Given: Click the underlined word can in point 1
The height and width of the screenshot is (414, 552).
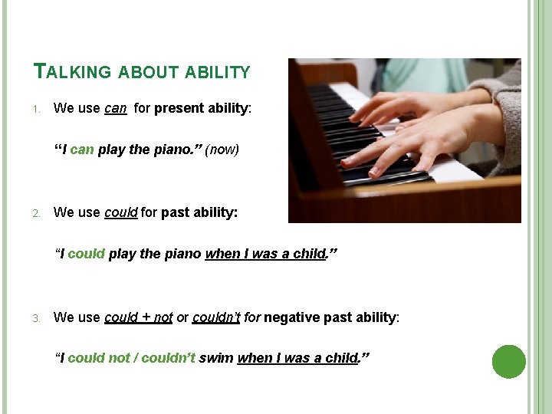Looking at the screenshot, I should (x=115, y=108).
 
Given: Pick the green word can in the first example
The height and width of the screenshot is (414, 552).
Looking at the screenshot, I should (x=82, y=149).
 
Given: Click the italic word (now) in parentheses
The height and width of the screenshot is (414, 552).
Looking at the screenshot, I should (x=222, y=149).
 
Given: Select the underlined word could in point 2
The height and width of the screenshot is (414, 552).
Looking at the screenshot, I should (x=120, y=212).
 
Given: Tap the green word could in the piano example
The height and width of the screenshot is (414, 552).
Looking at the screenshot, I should (x=87, y=254).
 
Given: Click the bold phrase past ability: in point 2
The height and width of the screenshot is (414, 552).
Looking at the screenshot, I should (x=199, y=212).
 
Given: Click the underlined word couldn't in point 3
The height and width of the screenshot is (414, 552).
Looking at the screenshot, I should (x=216, y=317).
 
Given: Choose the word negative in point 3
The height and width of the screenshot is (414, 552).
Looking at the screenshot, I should (x=289, y=317).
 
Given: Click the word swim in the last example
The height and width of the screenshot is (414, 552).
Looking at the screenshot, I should (x=216, y=358).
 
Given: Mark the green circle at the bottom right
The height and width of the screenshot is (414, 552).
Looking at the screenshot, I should (x=508, y=362).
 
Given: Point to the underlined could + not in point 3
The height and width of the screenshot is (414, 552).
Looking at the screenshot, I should (x=138, y=317).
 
